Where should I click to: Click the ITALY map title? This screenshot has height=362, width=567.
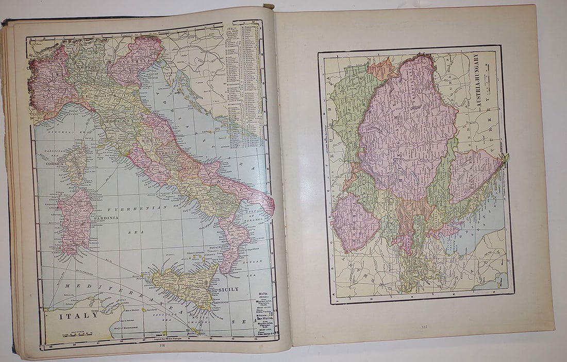point(77,316)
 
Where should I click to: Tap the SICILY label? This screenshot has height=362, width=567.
point(228,289)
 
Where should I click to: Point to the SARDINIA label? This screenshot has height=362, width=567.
point(106,218)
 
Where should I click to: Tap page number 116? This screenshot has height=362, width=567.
point(162,346)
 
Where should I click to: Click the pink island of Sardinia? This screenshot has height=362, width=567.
point(75,221)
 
